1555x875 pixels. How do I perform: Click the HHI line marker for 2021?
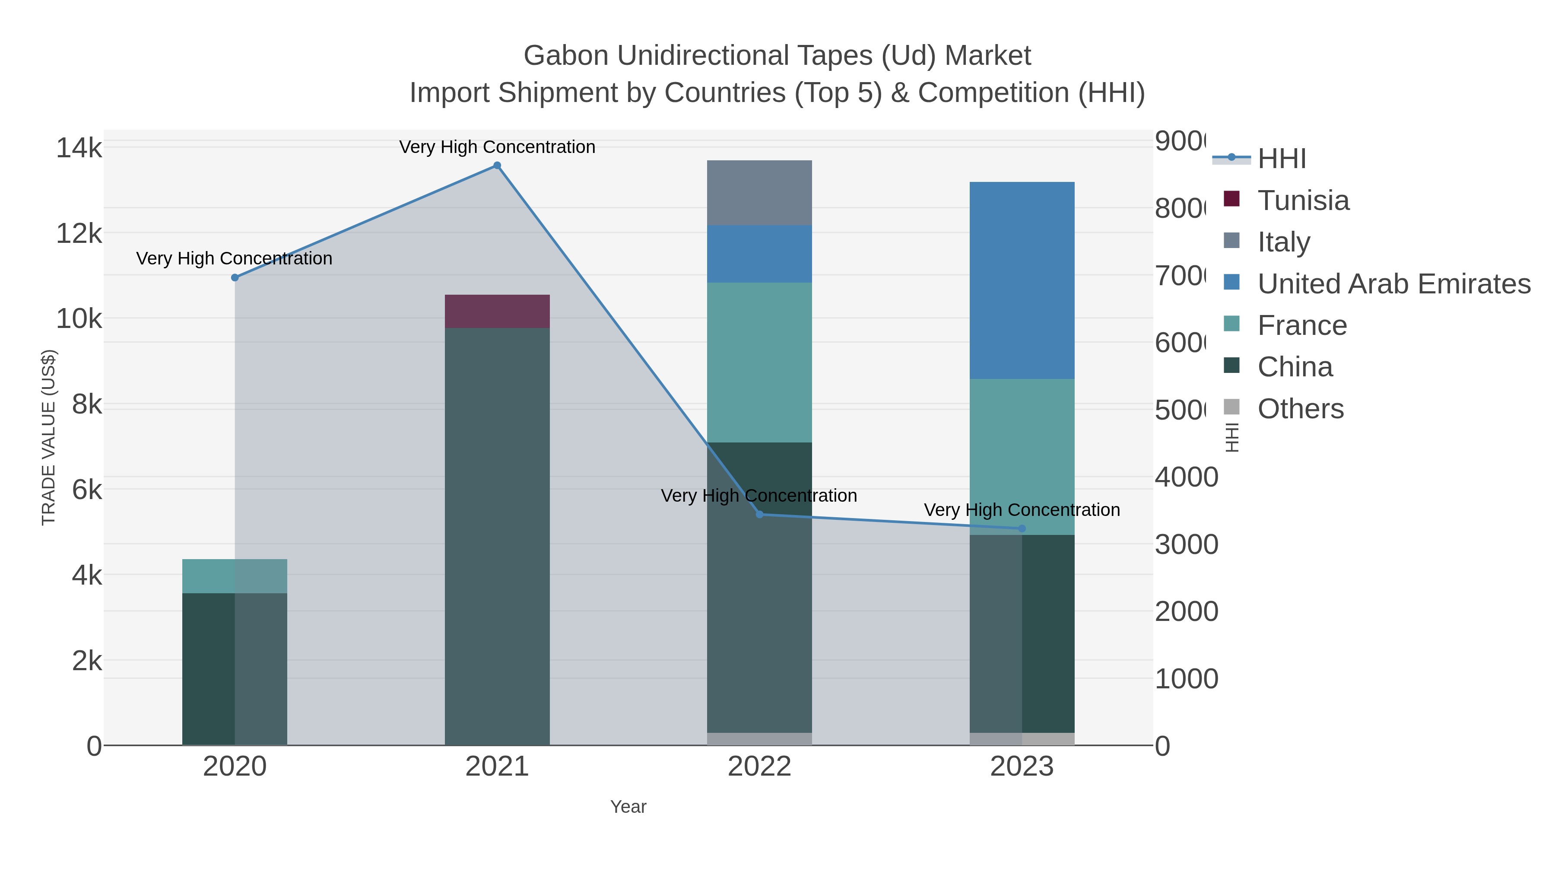click(x=497, y=165)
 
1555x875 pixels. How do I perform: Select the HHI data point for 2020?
click(x=235, y=278)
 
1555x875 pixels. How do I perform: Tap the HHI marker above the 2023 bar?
click(x=1022, y=528)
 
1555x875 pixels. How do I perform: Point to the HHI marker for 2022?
click(x=759, y=515)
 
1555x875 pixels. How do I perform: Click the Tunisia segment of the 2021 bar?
click(x=497, y=311)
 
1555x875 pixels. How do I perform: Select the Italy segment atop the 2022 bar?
click(x=759, y=193)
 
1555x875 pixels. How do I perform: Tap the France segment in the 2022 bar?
click(x=759, y=363)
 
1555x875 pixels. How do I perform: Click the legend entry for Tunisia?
click(x=1303, y=200)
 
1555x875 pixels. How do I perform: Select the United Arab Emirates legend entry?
click(x=1393, y=284)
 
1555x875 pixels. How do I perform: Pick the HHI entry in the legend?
click(x=1281, y=159)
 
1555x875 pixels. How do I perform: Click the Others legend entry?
click(x=1300, y=409)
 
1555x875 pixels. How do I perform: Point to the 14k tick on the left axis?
click(x=79, y=148)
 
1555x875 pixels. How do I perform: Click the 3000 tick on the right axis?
click(x=1186, y=545)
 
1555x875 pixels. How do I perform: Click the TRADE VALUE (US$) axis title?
click(x=48, y=437)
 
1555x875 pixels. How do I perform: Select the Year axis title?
click(x=628, y=807)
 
